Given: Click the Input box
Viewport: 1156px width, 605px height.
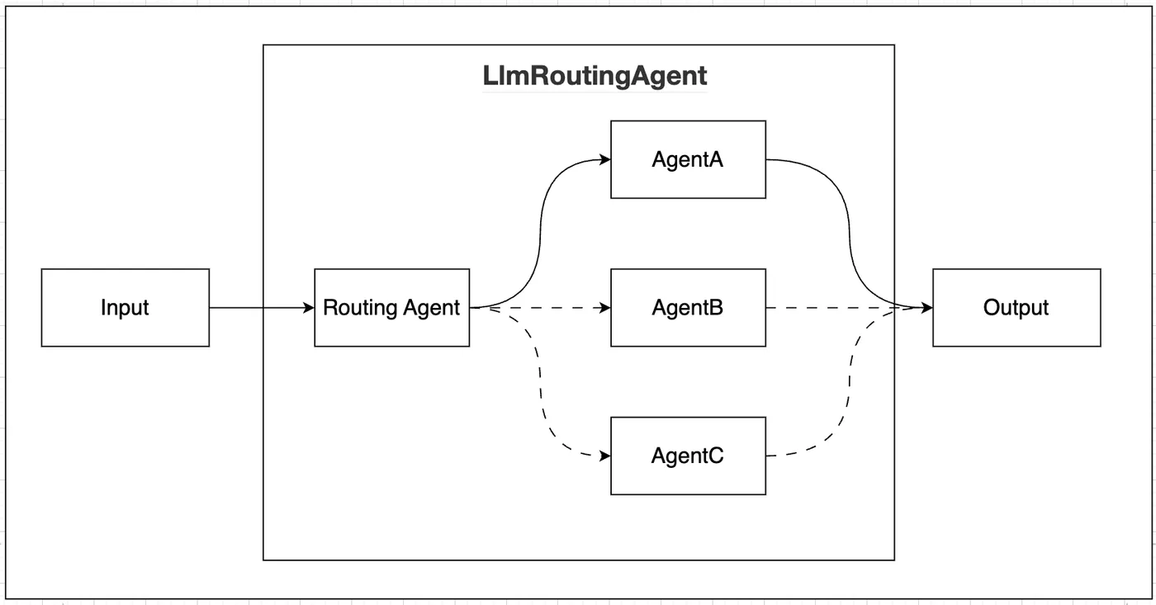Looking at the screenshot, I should [125, 307].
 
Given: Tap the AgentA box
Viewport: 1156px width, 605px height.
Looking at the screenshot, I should [688, 159].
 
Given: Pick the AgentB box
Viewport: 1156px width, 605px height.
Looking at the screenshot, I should [688, 307].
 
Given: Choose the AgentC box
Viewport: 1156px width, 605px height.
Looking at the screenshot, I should [688, 456].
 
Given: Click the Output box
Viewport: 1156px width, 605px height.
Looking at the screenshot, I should [1016, 307].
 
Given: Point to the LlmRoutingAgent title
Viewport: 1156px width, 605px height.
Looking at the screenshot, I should [595, 76].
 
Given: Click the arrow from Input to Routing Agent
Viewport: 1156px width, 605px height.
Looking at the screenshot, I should [256, 308].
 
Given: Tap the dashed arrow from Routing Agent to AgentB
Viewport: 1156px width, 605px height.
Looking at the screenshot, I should [553, 308].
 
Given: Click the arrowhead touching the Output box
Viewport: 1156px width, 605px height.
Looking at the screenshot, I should [926, 308].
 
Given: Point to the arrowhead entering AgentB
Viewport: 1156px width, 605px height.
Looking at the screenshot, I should [605, 308].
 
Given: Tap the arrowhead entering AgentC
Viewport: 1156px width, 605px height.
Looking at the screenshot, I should [605, 456].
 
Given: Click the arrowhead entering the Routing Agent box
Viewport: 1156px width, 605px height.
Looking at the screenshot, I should [309, 308].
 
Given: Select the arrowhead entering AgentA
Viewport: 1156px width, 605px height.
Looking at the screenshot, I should [605, 160].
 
